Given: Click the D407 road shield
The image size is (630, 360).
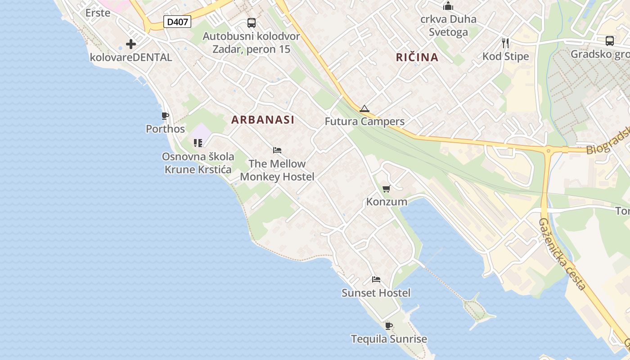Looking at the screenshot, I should point(177,22).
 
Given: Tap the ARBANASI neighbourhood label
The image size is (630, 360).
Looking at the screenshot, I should point(263,120).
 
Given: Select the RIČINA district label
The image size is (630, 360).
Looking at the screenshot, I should point(417,57).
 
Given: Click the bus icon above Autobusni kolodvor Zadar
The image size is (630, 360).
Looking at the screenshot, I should point(252,23).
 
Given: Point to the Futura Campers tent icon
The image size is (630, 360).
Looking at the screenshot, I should point(364,108).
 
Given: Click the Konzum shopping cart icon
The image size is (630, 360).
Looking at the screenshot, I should point(386,189).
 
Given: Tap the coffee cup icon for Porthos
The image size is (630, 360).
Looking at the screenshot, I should point(165,116).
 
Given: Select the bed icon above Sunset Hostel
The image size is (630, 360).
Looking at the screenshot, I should point(376,279).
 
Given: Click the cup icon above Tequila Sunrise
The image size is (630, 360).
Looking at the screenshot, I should point(389,325).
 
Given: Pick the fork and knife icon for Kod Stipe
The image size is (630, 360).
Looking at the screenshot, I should point(505,43).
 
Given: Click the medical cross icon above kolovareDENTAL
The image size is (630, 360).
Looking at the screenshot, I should point(131,44).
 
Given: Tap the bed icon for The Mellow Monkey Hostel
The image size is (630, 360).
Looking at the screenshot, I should point(277,150).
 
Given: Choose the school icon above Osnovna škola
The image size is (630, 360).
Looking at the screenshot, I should point(198,143).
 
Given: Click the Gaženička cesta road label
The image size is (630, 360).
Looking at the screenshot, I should point(562,254).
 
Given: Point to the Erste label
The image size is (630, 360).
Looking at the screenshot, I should point(98,13).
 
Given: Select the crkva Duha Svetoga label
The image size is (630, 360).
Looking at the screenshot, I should point(448,26).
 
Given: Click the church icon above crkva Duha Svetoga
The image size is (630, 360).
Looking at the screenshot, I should point(448,6).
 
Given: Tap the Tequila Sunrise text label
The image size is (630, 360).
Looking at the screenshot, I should point(389,339).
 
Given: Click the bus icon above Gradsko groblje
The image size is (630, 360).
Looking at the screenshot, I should point(610,41).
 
